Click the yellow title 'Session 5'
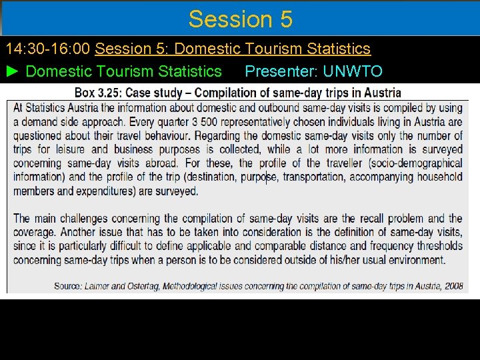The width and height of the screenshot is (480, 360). (240, 19)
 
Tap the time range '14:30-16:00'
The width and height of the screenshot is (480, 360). (49, 49)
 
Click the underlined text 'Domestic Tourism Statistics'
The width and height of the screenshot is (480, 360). (272, 49)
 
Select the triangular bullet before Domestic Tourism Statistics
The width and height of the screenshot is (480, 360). (13, 71)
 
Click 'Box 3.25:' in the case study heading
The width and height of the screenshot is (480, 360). (98, 93)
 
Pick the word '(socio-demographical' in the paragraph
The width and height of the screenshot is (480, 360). (415, 163)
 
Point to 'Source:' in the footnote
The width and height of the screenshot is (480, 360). (67, 287)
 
